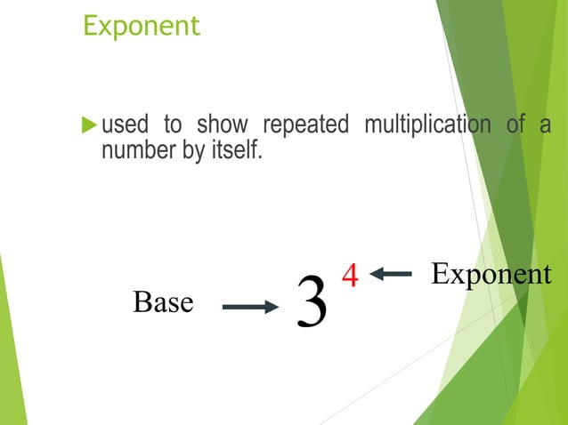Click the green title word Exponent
[142, 26]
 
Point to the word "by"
[193, 151]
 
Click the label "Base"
[163, 303]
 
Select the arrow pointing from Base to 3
[249, 308]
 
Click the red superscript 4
[350, 276]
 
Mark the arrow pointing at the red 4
[391, 274]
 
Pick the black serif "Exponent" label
[491, 275]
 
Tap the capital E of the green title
[89, 25]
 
